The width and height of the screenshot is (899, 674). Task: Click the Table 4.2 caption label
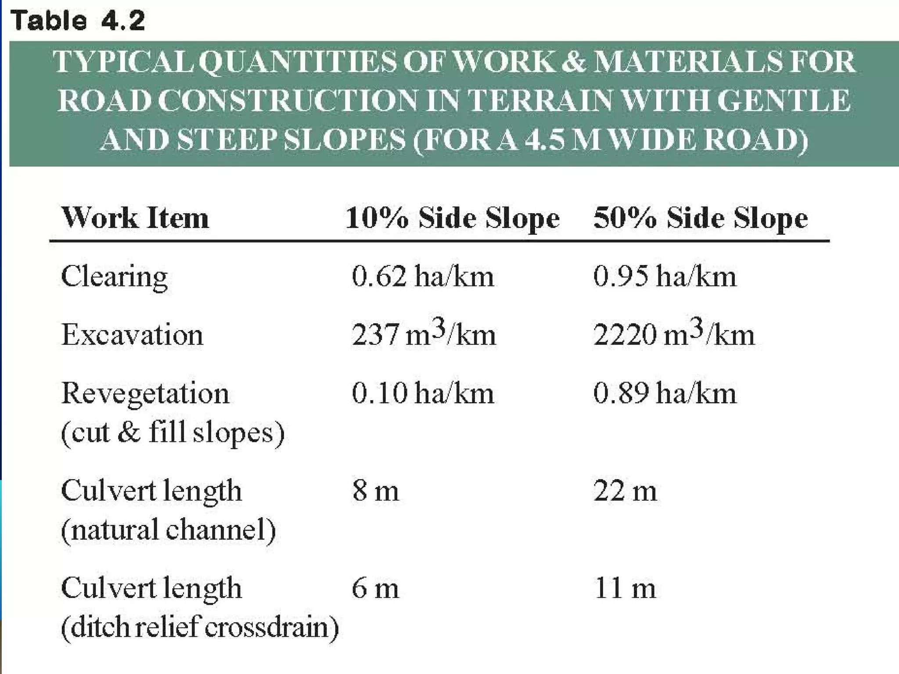coord(78,21)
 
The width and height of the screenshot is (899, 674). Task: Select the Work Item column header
coord(135,218)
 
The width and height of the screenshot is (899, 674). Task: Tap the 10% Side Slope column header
coord(452,218)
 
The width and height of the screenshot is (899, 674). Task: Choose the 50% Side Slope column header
coord(700,218)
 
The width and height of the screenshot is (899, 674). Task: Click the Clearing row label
coord(114,277)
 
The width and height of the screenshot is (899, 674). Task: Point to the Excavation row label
coord(132,335)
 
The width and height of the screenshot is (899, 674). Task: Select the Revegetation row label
coord(145,393)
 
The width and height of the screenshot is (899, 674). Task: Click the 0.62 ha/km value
coord(423,277)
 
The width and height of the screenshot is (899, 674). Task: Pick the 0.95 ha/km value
coord(665,277)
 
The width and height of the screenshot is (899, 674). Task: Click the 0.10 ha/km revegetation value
coord(423,393)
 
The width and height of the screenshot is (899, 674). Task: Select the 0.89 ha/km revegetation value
coord(665,393)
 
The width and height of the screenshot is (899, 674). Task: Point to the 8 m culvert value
coord(375,491)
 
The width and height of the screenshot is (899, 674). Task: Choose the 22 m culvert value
coord(625,491)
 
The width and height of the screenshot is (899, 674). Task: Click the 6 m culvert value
coord(375,588)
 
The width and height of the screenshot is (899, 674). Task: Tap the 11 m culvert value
coord(625,588)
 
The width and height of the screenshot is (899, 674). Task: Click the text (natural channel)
coord(169,530)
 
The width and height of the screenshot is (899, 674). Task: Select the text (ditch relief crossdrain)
coord(200,627)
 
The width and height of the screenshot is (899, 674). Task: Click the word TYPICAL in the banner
coord(123,61)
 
